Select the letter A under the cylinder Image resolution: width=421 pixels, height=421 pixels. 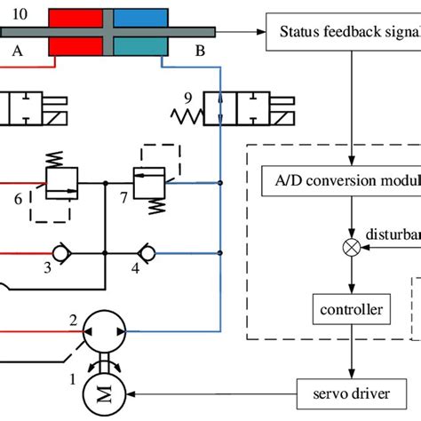(17, 52)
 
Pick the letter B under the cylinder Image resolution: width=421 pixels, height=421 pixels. (200, 52)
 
